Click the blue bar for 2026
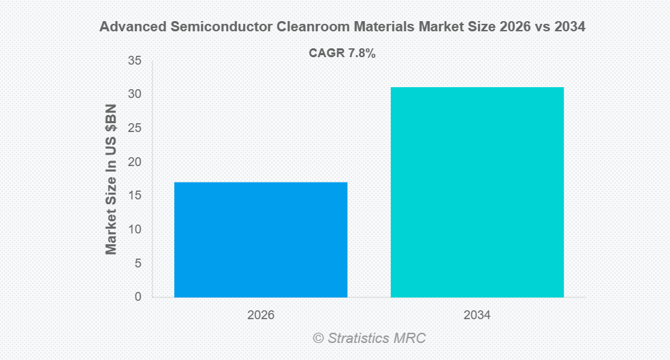click(261, 240)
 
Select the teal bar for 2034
click(477, 192)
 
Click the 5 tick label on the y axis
click(138, 263)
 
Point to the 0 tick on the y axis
click(138, 297)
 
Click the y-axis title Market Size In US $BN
click(111, 180)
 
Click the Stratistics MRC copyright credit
click(369, 338)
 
